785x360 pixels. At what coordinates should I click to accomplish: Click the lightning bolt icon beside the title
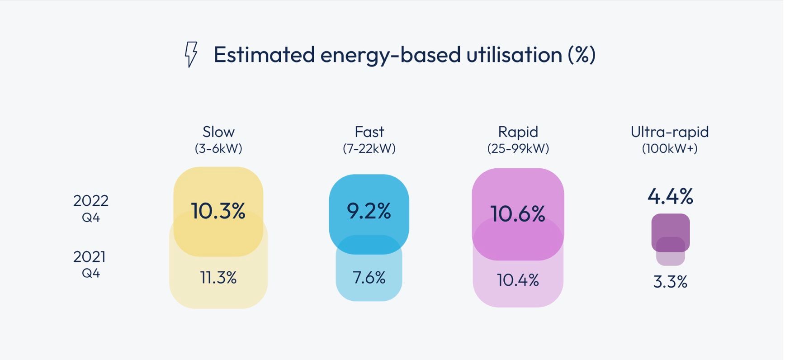(191, 54)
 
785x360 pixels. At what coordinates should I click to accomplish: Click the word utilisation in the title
(514, 55)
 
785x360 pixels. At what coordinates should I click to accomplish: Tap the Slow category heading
(218, 132)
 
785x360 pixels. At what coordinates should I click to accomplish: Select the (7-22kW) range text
(369, 148)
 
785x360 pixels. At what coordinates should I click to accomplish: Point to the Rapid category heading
(518, 132)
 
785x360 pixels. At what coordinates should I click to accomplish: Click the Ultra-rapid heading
(670, 132)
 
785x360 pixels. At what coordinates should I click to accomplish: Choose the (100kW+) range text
(670, 148)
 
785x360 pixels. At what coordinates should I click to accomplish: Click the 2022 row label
(91, 200)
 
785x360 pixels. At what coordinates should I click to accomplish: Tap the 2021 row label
(90, 256)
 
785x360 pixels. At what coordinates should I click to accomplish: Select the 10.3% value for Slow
(218, 211)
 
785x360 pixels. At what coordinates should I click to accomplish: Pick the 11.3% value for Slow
(218, 277)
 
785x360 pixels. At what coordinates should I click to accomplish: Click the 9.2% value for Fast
(369, 211)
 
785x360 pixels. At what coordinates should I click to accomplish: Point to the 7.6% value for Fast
(369, 277)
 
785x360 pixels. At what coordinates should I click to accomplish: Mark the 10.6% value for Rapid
(518, 213)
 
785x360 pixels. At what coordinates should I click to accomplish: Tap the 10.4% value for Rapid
(518, 280)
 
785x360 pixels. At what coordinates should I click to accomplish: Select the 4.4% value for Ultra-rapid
(670, 196)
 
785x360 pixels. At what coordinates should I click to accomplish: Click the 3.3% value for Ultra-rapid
(670, 282)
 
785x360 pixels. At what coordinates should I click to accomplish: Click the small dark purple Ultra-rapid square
(671, 232)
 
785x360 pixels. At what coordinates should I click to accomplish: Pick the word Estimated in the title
(264, 55)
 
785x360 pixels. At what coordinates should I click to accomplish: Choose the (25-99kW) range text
(518, 148)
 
